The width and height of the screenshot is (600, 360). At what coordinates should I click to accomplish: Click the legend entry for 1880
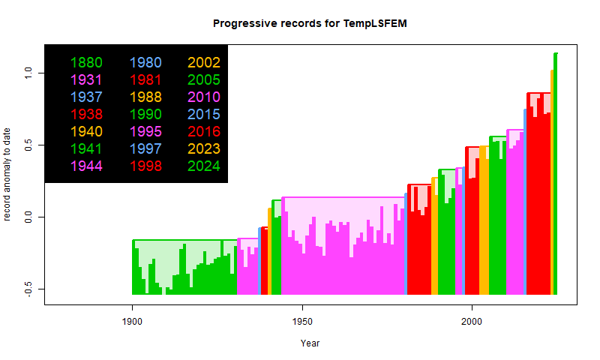86,62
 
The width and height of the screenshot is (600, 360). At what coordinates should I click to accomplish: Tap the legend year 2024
204,166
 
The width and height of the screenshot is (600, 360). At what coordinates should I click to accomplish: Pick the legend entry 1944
86,166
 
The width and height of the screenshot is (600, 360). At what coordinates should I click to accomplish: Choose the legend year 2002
204,62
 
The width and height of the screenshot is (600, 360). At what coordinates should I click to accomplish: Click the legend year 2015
204,114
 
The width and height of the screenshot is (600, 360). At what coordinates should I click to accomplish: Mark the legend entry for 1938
86,114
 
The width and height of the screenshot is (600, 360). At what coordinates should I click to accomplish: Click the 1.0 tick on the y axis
28,73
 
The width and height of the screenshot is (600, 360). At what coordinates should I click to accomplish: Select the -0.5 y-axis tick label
28,289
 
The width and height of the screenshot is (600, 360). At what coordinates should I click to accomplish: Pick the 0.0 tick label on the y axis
28,217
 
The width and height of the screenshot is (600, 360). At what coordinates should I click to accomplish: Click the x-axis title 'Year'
310,343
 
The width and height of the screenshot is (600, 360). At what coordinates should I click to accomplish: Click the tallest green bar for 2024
556,172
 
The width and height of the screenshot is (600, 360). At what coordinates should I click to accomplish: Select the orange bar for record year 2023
552,180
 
